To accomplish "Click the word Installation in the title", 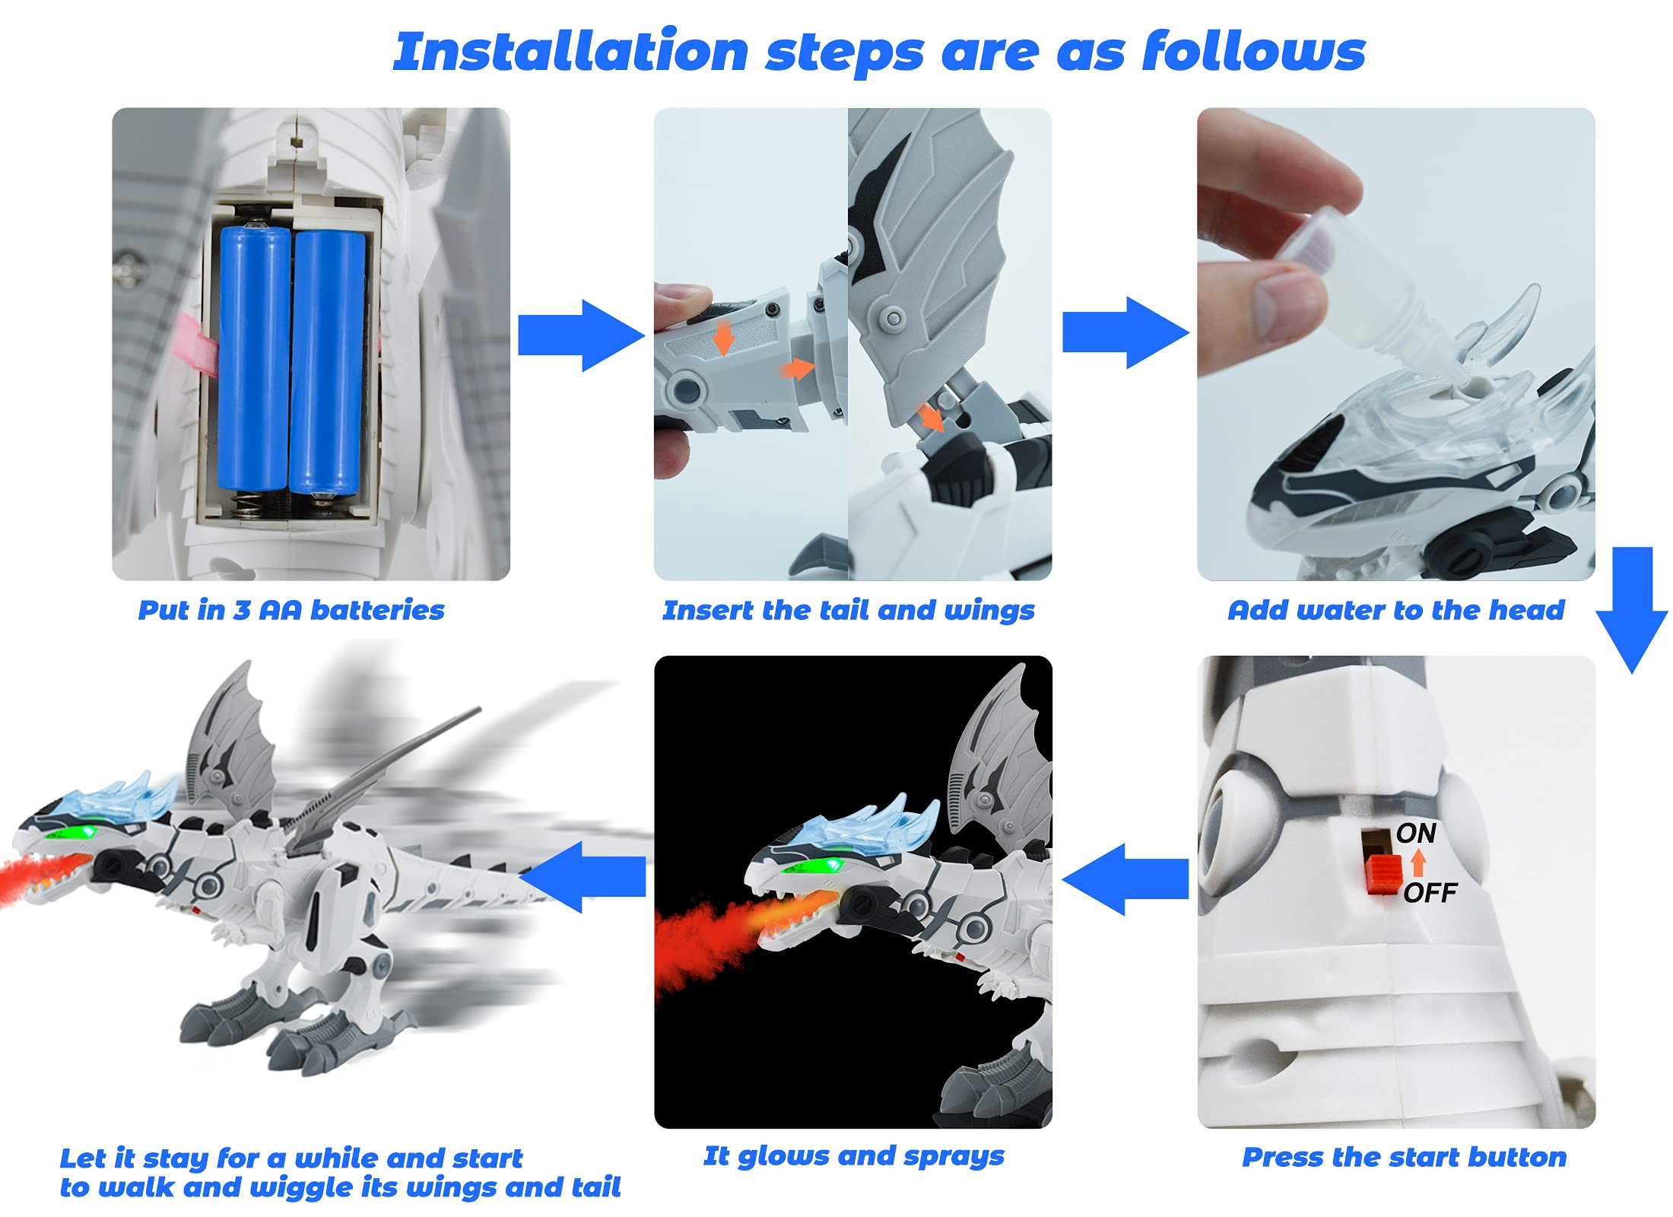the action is tap(571, 51).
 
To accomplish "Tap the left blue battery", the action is tap(255, 357).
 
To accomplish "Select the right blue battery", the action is tap(328, 363).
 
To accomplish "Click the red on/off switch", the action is tap(1384, 875).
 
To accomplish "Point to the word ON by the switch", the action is tap(1416, 834).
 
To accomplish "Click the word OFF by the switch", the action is tap(1430, 892).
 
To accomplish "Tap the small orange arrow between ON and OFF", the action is tap(1418, 863).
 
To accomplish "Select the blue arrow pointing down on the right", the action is tap(1631, 609).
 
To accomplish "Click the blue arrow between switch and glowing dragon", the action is tap(1125, 879).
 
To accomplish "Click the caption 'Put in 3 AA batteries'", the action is tap(291, 610).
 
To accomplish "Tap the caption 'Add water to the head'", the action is tap(1396, 610).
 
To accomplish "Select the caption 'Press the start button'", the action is tap(1405, 1157).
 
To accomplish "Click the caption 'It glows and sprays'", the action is tap(854, 1156).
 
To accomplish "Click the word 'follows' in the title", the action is tap(1254, 51).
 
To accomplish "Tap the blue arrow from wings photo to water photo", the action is tap(1125, 333).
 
